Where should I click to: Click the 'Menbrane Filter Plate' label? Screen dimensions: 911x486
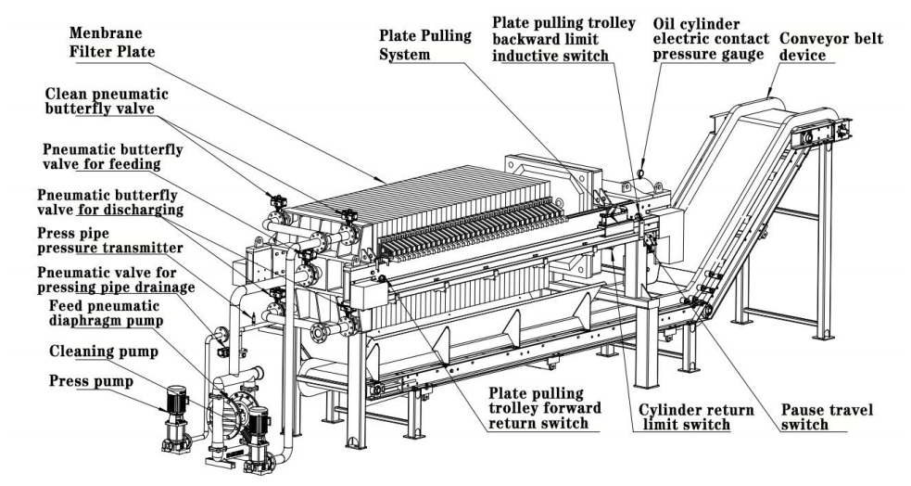click(x=112, y=43)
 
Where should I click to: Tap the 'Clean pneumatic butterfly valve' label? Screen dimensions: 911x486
click(x=107, y=101)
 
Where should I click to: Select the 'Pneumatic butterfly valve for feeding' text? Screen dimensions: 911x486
click(x=113, y=157)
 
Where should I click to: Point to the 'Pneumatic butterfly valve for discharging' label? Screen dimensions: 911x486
click(x=110, y=201)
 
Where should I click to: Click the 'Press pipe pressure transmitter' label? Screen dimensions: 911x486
click(x=109, y=240)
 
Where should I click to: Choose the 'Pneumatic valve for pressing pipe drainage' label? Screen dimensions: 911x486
click(x=116, y=279)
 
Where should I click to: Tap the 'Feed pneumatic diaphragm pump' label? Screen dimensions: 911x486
click(x=106, y=313)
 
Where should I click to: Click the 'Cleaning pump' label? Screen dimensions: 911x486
click(x=104, y=352)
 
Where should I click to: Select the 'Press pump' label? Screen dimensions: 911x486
click(x=91, y=381)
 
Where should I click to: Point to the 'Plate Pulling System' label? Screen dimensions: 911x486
click(x=425, y=45)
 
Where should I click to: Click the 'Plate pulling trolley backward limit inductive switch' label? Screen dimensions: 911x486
click(x=563, y=40)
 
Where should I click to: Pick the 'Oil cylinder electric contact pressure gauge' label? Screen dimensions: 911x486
click(x=711, y=40)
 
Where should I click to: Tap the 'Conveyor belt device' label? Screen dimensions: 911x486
click(x=830, y=47)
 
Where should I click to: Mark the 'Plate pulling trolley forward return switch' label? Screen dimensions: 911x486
click(x=544, y=409)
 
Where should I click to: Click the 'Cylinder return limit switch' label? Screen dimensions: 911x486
click(x=696, y=417)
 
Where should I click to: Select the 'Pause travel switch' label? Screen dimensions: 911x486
click(x=827, y=417)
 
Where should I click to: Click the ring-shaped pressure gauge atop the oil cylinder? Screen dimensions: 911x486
click(x=640, y=173)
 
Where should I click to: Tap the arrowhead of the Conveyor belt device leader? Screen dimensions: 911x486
click(x=768, y=94)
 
